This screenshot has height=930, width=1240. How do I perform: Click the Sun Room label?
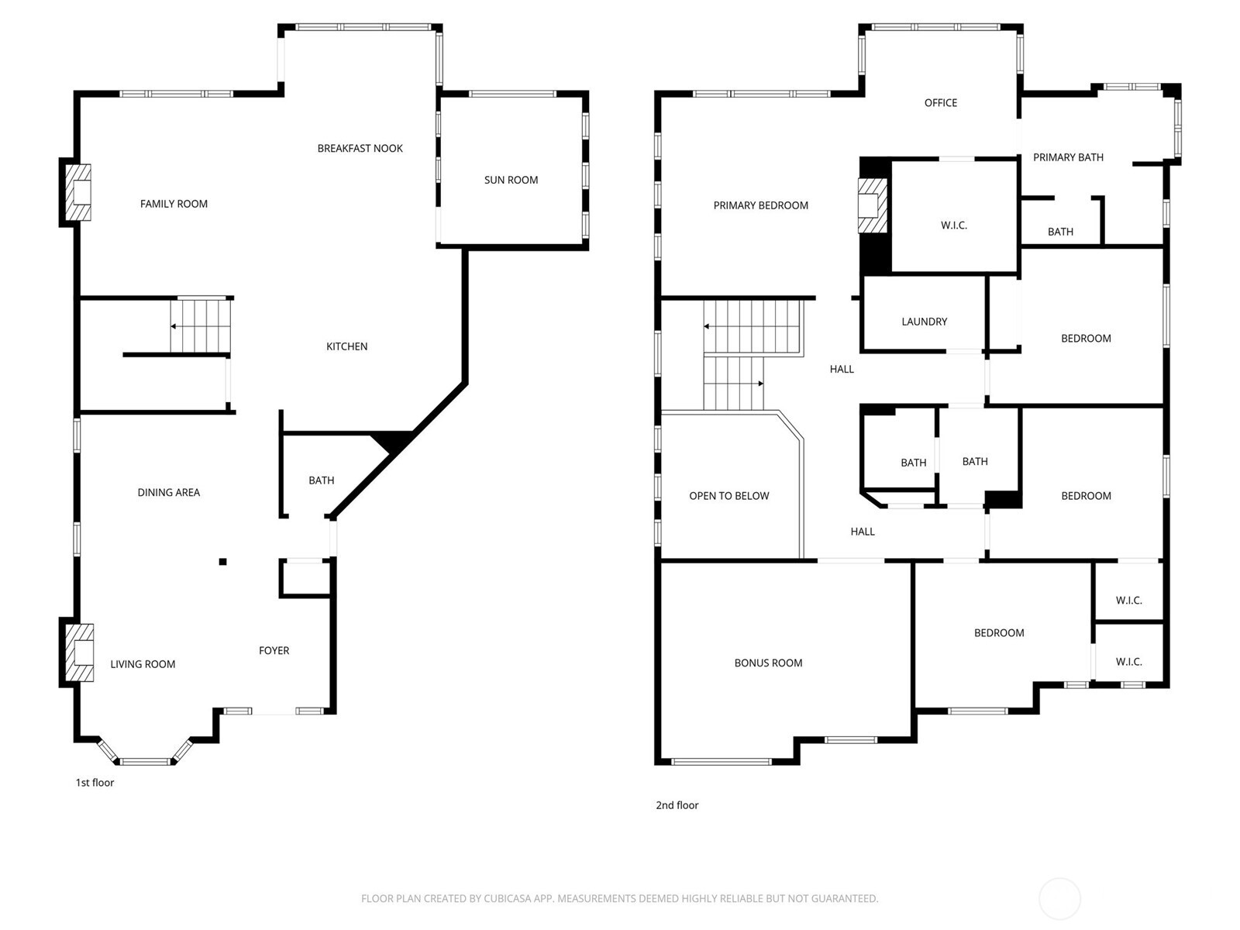pyautogui.click(x=511, y=180)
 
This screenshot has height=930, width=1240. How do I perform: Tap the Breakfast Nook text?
pyautogui.click(x=360, y=149)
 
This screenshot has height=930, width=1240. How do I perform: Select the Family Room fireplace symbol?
pyautogui.click(x=78, y=192)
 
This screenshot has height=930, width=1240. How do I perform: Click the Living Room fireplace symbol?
pyautogui.click(x=79, y=653)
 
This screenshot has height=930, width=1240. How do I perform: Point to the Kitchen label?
pyautogui.click(x=347, y=346)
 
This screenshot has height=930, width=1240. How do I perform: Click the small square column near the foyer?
pyautogui.click(x=223, y=562)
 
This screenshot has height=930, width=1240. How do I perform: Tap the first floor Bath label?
pyautogui.click(x=322, y=480)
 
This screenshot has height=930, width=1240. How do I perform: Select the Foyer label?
pyautogui.click(x=274, y=650)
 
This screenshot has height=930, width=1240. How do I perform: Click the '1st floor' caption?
pyautogui.click(x=95, y=783)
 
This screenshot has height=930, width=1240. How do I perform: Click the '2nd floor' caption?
pyautogui.click(x=677, y=805)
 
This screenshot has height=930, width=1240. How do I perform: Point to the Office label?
pyautogui.click(x=941, y=103)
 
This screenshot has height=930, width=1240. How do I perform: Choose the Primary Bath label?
pyautogui.click(x=1068, y=157)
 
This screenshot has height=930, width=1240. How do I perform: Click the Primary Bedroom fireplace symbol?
pyautogui.click(x=872, y=205)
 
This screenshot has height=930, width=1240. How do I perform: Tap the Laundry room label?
pyautogui.click(x=925, y=322)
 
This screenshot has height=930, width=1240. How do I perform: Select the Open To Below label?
pyautogui.click(x=728, y=496)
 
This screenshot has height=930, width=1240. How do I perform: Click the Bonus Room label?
pyautogui.click(x=768, y=663)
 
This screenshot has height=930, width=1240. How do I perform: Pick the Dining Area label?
pyautogui.click(x=168, y=492)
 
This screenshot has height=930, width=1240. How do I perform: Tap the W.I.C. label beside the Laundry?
pyautogui.click(x=953, y=226)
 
